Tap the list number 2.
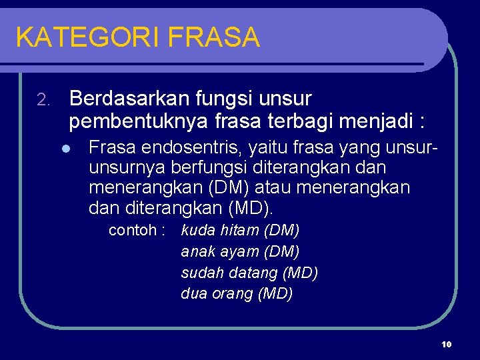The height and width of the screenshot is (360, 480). point(43,101)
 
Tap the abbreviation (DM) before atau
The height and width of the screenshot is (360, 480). point(245,188)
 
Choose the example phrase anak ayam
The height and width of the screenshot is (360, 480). point(220,252)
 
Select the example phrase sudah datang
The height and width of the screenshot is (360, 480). point(229,273)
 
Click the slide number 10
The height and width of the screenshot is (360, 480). point(447,344)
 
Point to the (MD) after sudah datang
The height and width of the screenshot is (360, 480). point(301,273)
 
